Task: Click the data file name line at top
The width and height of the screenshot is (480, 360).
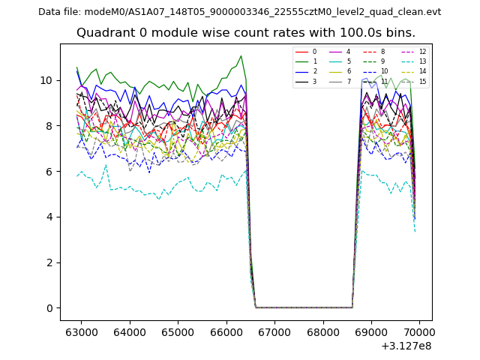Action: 239,12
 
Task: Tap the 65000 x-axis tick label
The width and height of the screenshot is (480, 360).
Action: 178,331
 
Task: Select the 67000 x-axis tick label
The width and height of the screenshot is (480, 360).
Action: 274,331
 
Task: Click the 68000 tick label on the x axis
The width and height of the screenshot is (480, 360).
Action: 322,331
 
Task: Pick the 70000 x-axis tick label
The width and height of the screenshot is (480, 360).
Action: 418,331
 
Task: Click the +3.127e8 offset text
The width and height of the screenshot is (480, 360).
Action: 406,346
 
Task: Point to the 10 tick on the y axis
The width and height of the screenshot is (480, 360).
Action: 46,80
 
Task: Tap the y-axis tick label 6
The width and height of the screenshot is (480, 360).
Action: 49,172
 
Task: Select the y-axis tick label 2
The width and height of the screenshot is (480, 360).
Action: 49,262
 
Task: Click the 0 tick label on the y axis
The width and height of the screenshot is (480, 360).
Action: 49,308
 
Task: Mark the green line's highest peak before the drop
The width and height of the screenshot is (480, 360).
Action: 241,55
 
